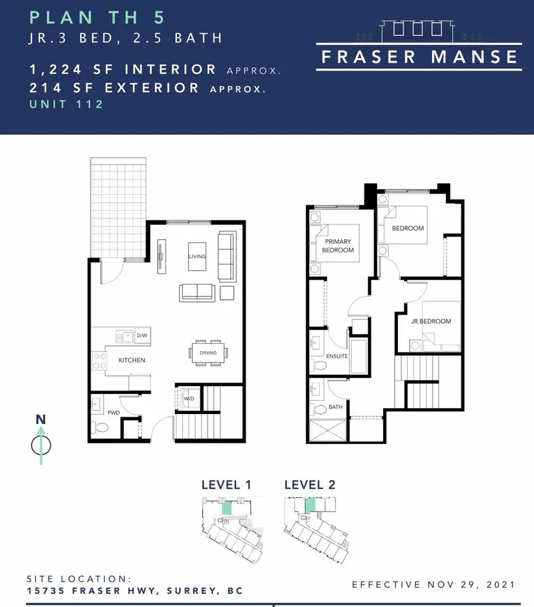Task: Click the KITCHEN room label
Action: click(x=131, y=360)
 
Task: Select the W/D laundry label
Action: click(x=188, y=400)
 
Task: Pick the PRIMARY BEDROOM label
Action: click(x=338, y=246)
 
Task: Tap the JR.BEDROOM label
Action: click(x=431, y=321)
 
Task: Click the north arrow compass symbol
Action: click(x=41, y=444)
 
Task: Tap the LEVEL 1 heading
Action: click(x=226, y=485)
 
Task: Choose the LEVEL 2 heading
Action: click(x=309, y=485)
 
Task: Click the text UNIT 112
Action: click(x=67, y=104)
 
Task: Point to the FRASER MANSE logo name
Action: click(x=419, y=57)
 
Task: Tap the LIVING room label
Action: click(x=198, y=256)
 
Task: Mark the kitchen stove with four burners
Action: click(x=100, y=361)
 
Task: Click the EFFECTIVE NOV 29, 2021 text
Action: click(x=434, y=584)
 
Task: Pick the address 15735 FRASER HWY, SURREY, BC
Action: click(x=134, y=591)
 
